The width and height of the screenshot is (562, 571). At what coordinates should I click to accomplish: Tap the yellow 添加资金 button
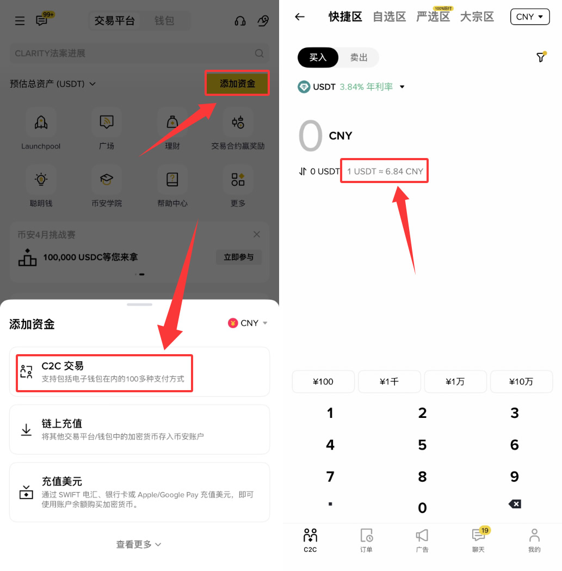237,83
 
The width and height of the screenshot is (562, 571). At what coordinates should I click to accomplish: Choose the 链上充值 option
139,429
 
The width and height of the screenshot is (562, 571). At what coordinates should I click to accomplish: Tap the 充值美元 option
139,492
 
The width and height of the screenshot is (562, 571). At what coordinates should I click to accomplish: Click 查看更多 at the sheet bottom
139,544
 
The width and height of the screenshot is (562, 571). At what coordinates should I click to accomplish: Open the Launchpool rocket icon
41,122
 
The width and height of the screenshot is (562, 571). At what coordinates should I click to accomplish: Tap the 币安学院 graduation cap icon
107,179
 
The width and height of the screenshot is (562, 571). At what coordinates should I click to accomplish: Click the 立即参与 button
238,257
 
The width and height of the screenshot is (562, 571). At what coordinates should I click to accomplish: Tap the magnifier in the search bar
260,53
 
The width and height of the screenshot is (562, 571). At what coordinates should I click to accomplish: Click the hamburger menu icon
20,21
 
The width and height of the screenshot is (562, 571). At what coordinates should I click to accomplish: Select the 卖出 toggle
359,57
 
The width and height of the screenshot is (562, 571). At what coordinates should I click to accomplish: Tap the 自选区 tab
389,17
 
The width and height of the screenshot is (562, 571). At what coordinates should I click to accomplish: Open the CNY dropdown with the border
529,17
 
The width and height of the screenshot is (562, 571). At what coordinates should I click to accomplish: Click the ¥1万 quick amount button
455,381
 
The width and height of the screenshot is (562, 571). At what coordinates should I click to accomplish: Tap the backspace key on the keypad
514,504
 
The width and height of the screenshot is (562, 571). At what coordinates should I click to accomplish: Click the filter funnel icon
541,57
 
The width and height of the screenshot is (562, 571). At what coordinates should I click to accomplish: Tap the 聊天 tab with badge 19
478,539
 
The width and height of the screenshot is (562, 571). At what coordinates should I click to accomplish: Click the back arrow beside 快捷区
300,17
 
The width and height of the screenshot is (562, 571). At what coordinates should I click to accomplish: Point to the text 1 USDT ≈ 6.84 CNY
385,171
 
